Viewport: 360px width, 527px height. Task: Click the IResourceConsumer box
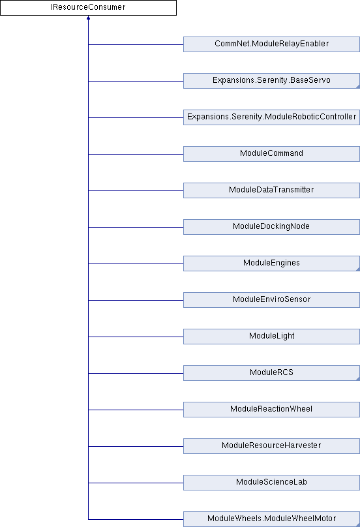pyautogui.click(x=88, y=8)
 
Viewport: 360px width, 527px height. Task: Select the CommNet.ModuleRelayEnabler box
pyautogui.click(x=271, y=44)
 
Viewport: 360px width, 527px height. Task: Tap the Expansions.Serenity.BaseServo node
pyautogui.click(x=271, y=81)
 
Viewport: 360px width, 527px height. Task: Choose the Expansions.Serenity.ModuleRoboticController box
pyautogui.click(x=271, y=117)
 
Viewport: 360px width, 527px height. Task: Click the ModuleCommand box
pyautogui.click(x=271, y=154)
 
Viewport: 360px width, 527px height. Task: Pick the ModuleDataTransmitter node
pyautogui.click(x=271, y=190)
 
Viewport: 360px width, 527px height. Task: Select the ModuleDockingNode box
pyautogui.click(x=271, y=227)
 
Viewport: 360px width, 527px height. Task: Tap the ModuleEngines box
pyautogui.click(x=271, y=263)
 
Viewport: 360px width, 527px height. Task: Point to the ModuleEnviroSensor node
pyautogui.click(x=271, y=300)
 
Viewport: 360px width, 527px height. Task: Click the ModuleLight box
pyautogui.click(x=271, y=337)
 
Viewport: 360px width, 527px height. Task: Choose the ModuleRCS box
pyautogui.click(x=271, y=373)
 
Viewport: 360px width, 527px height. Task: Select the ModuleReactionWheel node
pyautogui.click(x=271, y=410)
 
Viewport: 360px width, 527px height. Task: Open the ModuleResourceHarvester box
pyautogui.click(x=271, y=446)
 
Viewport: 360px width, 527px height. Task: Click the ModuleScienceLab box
pyautogui.click(x=271, y=483)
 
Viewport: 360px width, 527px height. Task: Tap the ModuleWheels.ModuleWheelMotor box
pyautogui.click(x=271, y=519)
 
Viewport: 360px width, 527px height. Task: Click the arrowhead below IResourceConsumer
pyautogui.click(x=89, y=18)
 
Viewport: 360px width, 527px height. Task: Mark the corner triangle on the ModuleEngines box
pyautogui.click(x=358, y=269)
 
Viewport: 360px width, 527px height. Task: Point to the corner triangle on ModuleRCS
pyautogui.click(x=358, y=379)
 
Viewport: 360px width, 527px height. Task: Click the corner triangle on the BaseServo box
pyautogui.click(x=358, y=87)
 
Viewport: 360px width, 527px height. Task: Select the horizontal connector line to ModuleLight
pyautogui.click(x=136, y=337)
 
